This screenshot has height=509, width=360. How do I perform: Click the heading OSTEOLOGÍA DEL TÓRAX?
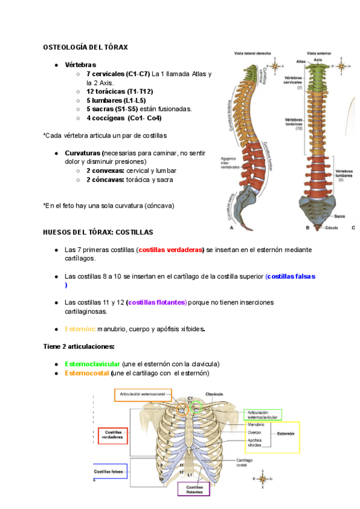85,46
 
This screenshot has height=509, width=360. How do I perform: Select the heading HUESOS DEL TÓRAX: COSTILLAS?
98,232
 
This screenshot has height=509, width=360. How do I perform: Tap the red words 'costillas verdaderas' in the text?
170,250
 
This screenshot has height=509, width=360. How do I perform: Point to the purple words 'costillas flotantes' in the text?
157,303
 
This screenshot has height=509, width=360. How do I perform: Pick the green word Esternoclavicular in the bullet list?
92,364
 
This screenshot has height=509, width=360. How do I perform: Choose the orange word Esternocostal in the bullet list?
87,373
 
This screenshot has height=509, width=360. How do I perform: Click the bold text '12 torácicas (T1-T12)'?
119,91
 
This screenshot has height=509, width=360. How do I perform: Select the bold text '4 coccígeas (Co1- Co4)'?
124,118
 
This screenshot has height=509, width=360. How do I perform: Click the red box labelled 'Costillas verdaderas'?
112,435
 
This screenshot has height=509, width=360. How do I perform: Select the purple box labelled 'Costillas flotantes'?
194,489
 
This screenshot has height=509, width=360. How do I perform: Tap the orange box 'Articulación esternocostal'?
142,394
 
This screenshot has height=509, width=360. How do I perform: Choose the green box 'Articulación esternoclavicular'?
262,414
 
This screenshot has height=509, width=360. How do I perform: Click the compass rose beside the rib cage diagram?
263,478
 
